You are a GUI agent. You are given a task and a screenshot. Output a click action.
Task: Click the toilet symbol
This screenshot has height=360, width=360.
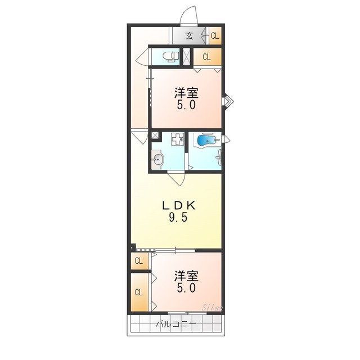coord(170,56)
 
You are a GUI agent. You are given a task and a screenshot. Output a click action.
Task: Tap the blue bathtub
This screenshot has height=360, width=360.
coord(206,140)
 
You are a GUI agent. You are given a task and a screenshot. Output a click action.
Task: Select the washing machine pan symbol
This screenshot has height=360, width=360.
coord(178,139)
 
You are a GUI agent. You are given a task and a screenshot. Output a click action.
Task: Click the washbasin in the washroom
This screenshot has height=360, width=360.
coord(157,159)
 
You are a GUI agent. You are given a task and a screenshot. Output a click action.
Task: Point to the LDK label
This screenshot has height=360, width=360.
coord(179,205)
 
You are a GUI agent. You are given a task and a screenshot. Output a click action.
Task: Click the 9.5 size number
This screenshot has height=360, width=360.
coord(179,217)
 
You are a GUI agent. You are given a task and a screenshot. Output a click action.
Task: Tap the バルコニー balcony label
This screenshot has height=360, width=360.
coord(176,324)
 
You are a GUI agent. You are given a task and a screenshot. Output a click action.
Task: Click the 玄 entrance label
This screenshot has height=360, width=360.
coord(189,36)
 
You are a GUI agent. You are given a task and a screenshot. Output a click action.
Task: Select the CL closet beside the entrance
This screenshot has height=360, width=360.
coord(215,36)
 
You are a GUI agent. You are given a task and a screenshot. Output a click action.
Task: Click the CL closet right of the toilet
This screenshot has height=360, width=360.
coord(208,57)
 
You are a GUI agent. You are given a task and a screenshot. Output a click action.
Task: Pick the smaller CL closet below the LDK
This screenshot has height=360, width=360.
coord(139,261)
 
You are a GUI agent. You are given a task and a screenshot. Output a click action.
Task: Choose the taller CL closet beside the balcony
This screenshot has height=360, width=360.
coord(139,292)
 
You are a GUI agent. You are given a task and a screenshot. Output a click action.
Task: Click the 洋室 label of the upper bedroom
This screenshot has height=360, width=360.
coord(186,93)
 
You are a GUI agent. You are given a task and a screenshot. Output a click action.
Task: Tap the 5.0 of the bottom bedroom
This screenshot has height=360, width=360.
coord(186,287)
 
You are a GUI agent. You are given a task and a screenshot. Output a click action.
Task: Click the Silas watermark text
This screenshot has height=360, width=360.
coord(212,308)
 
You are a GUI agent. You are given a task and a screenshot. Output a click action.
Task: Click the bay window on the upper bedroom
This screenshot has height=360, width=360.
coord(228,101)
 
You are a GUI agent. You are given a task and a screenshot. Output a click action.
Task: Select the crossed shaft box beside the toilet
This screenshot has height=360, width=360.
coord(186,57)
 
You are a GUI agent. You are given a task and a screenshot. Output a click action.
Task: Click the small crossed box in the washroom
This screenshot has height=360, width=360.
coord(155,135)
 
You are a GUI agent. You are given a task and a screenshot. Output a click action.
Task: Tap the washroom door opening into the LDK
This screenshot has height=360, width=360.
coord(176,178)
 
